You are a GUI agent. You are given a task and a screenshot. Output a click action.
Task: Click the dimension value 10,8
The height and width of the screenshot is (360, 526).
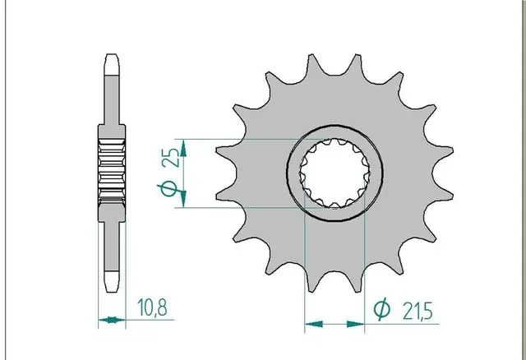click(x=152, y=307)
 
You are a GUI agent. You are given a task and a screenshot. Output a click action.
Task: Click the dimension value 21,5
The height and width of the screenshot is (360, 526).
click(x=418, y=311)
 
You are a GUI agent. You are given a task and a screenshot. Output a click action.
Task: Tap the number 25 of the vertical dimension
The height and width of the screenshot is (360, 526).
click(x=173, y=157)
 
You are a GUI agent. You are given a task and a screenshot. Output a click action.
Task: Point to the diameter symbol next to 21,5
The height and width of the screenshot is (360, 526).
click(x=381, y=309)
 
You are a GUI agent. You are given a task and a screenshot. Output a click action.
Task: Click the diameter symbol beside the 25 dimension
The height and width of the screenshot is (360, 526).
click(x=168, y=188)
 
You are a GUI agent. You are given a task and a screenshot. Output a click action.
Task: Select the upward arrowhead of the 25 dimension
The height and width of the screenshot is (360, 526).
click(x=183, y=148)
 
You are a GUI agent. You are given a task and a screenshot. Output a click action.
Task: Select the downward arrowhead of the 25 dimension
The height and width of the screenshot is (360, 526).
click(x=183, y=199)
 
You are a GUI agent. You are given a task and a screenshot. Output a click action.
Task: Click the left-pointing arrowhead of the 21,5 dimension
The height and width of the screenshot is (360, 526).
click(x=314, y=324)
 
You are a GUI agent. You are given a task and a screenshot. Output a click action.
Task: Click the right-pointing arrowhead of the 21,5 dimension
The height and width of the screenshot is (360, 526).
click(x=355, y=324)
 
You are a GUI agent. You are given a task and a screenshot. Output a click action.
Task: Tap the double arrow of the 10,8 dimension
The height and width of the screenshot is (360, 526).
click(x=112, y=320)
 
